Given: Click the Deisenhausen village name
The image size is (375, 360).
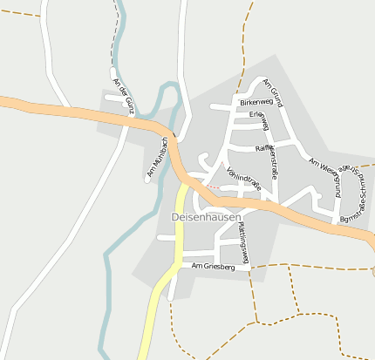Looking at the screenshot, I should point(206,216).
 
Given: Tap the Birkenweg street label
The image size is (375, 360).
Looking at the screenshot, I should point(257,102).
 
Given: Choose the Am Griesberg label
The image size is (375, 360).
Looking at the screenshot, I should point(214,266).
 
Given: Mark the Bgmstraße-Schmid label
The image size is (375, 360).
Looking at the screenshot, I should point(359,194).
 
